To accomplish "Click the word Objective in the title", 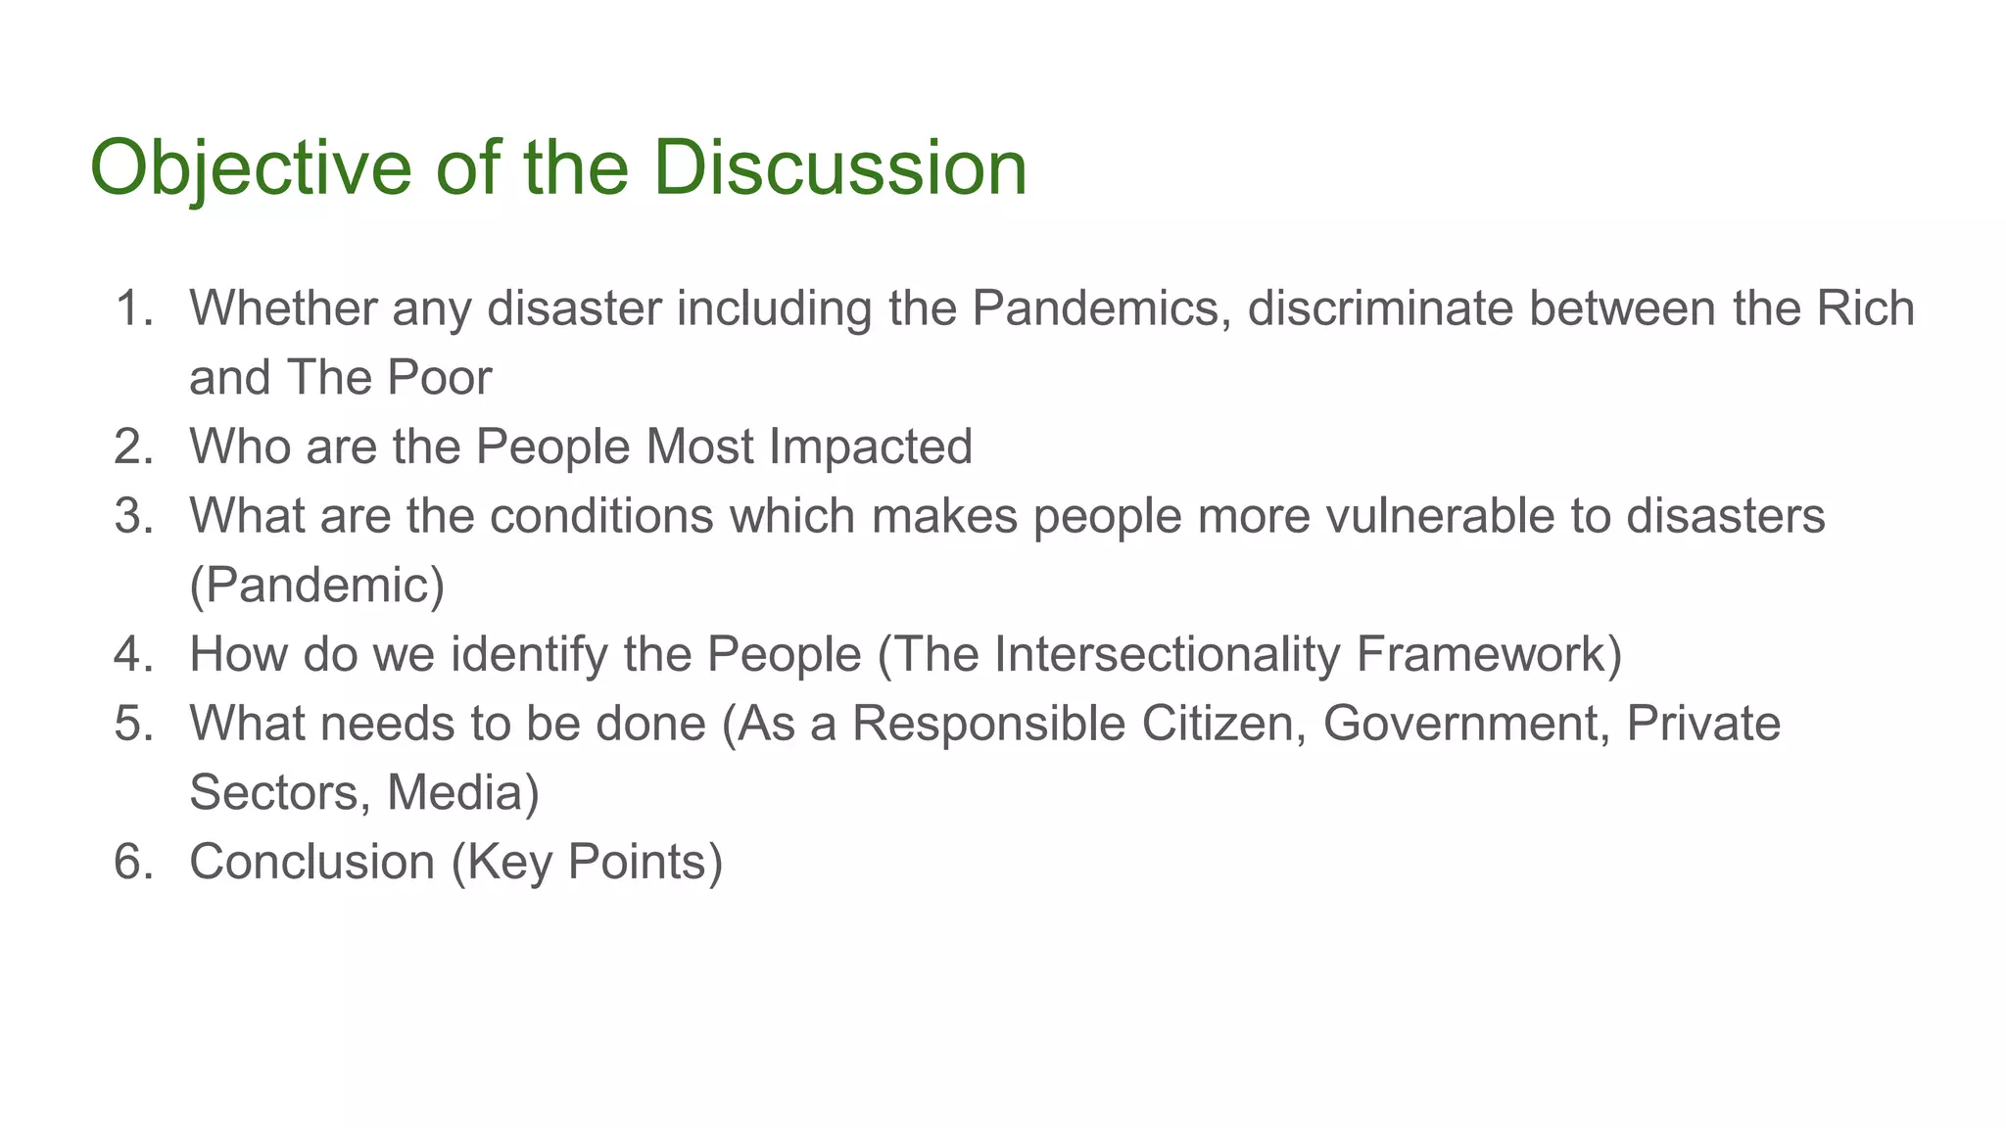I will point(251,168).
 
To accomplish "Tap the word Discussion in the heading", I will point(839,168).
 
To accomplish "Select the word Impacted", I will point(871,446).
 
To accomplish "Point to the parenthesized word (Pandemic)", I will point(316,586).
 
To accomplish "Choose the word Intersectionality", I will point(1167,654).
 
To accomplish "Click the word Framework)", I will point(1489,654).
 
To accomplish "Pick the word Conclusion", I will point(311,862).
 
